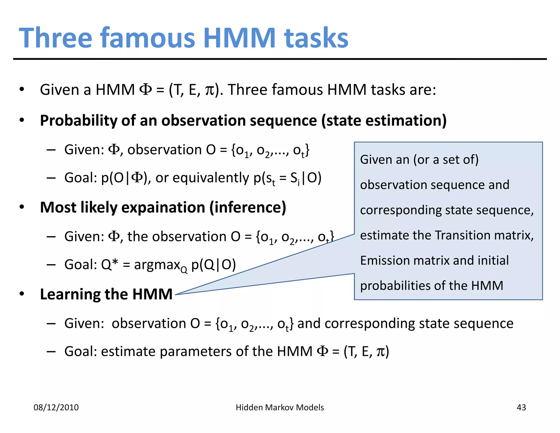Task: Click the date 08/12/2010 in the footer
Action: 56,407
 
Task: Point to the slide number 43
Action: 521,407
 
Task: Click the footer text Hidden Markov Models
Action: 280,407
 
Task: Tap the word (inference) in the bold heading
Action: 248,207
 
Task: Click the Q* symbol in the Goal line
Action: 109,264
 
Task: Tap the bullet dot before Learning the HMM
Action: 22,294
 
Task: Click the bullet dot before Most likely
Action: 22,207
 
